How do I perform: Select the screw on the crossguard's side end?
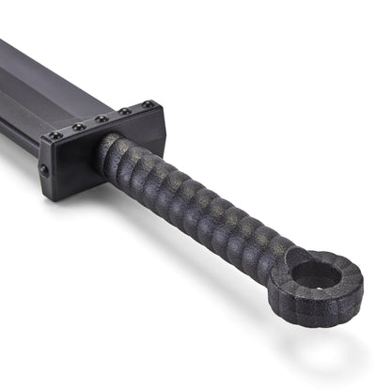coord(44,170)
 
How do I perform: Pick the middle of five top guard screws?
coord(102,119)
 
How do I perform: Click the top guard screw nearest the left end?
coord(55,136)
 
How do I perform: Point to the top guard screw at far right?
coord(148,103)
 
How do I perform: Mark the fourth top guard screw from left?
coord(125,111)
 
